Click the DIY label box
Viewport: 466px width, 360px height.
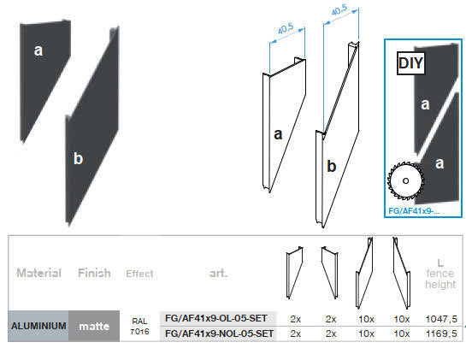click(410, 63)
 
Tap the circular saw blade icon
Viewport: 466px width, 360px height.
click(405, 180)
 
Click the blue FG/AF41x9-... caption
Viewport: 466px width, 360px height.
click(414, 211)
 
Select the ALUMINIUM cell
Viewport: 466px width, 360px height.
click(38, 326)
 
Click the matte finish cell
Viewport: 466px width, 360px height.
click(94, 326)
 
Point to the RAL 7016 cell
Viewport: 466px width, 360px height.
click(139, 326)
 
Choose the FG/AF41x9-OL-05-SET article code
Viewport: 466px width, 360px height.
click(216, 318)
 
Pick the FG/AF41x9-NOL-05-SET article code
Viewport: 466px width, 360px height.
click(220, 333)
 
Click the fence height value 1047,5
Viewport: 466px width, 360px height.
click(441, 319)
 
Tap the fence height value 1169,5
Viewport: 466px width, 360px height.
click(441, 333)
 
